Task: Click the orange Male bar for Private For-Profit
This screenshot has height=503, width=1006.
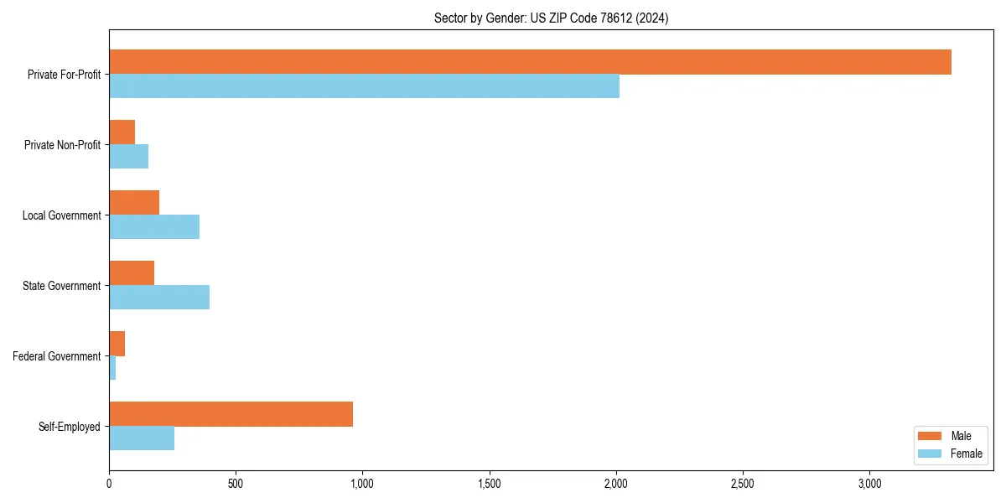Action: coord(530,62)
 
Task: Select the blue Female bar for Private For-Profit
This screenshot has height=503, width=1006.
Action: coord(364,86)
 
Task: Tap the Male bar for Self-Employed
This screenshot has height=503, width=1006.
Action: coord(231,414)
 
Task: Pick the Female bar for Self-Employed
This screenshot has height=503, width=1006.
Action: coord(142,438)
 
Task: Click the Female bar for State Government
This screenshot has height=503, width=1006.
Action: coord(159,298)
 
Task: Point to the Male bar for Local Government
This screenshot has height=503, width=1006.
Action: coord(134,203)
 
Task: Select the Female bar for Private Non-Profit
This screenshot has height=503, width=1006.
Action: coord(128,157)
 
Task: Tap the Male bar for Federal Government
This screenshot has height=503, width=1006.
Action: coord(117,344)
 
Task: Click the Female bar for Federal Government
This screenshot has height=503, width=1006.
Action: coord(112,368)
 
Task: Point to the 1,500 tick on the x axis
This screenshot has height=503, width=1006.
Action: coord(490,484)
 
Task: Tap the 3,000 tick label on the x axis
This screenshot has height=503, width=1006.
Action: coord(869,484)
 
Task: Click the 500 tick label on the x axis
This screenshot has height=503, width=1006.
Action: coord(236,484)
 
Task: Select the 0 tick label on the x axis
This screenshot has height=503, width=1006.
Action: coord(109,484)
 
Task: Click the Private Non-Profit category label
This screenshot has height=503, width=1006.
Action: coord(62,145)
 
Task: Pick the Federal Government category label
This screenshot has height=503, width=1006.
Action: coord(57,356)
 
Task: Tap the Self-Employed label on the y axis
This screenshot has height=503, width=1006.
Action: coord(70,427)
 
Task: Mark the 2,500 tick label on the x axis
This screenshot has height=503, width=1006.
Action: coord(743,484)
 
